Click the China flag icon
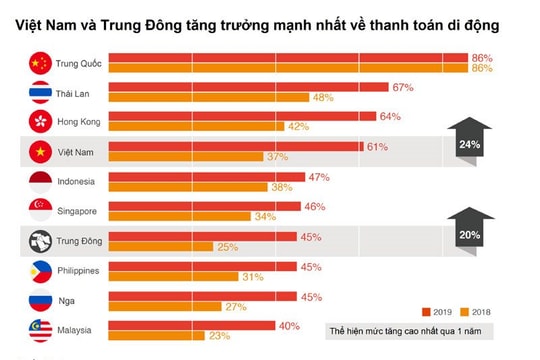[x=39, y=64]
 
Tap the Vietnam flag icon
[x=39, y=152]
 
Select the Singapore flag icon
[x=39, y=211]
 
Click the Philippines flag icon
[x=39, y=270]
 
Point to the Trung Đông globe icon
[x=39, y=241]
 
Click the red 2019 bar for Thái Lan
[x=247, y=88]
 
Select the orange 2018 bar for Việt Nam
[x=185, y=156]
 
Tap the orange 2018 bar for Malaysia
[x=164, y=336]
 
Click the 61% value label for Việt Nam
[x=376, y=146]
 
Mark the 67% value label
[x=403, y=87]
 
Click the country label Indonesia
[x=76, y=181]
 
